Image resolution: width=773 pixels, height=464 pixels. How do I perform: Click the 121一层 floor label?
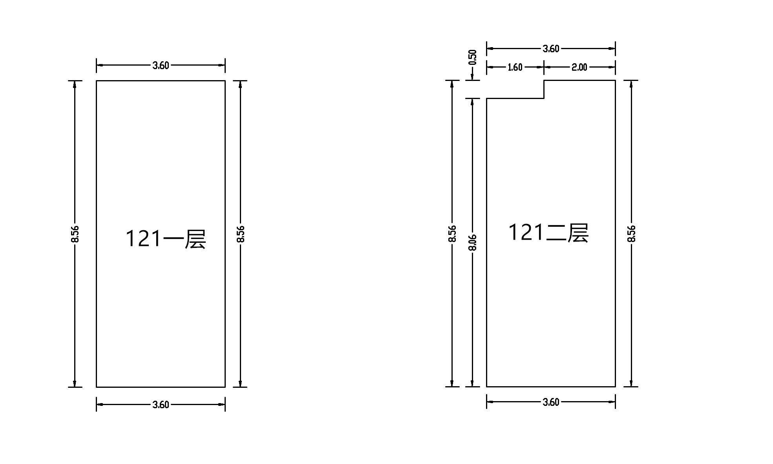click(166, 238)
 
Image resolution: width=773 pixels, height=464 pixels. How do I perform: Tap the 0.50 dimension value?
click(473, 57)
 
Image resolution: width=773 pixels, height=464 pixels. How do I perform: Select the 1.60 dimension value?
click(515, 67)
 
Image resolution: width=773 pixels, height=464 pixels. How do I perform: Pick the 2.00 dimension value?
click(579, 67)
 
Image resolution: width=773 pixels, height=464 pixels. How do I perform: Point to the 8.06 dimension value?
click(473, 242)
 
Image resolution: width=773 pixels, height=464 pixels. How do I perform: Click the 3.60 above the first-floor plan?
click(161, 65)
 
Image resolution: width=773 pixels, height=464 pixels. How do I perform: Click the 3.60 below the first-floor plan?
click(161, 404)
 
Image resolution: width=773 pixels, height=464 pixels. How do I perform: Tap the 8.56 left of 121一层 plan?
click(75, 234)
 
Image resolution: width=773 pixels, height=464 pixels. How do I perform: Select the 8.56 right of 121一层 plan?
click(241, 234)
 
